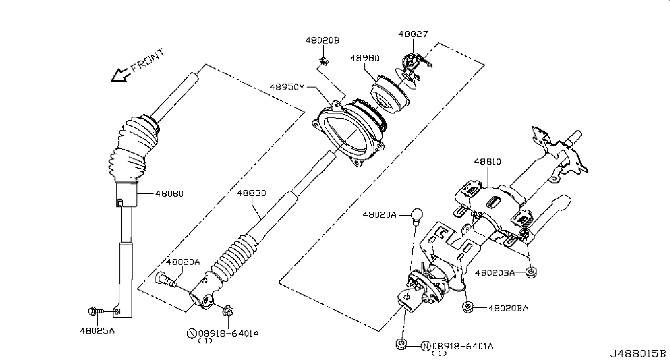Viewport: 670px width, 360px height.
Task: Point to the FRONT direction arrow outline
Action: click(120, 75)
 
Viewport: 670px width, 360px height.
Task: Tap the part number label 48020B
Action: click(323, 41)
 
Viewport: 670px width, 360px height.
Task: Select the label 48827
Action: click(413, 34)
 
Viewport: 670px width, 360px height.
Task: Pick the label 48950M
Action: click(287, 87)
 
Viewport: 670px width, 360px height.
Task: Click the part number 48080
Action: click(169, 193)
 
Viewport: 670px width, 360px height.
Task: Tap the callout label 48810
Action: click(487, 161)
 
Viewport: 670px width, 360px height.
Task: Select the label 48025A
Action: click(97, 331)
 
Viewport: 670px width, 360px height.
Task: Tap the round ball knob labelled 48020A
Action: click(416, 215)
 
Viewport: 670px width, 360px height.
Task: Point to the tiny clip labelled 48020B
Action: click(323, 61)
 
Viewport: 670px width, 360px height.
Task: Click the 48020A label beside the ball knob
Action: click(380, 214)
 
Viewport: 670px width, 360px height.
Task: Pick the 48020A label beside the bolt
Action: click(183, 262)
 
